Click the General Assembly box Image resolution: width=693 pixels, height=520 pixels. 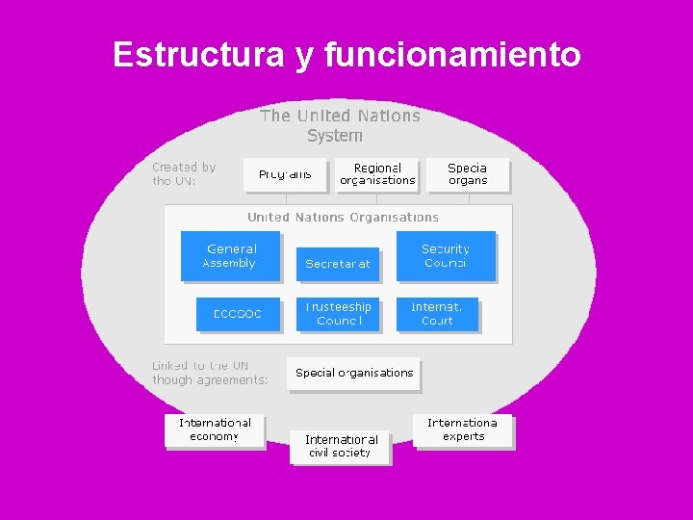tap(230, 256)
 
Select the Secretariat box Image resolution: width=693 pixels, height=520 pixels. tap(338, 264)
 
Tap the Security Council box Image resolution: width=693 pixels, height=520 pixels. tap(446, 256)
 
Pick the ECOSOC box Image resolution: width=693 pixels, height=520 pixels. tap(237, 314)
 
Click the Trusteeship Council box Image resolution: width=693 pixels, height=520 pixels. tap(338, 314)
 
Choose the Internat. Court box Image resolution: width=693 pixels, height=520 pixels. tap(437, 314)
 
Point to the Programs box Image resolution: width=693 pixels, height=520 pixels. tap(285, 174)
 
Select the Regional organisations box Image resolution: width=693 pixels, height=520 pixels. tap(377, 174)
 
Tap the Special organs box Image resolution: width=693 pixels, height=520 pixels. tap(468, 174)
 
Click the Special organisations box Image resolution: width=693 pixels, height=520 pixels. tap(353, 374)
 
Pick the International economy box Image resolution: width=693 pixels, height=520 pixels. tap(215, 429)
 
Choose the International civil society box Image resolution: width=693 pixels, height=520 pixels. tap(340, 446)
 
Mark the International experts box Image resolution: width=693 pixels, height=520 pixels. tap(463, 429)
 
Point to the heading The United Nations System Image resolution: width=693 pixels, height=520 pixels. tap(340, 125)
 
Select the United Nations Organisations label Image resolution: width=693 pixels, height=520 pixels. tap(343, 218)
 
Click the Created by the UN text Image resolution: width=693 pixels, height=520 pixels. tap(184, 173)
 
